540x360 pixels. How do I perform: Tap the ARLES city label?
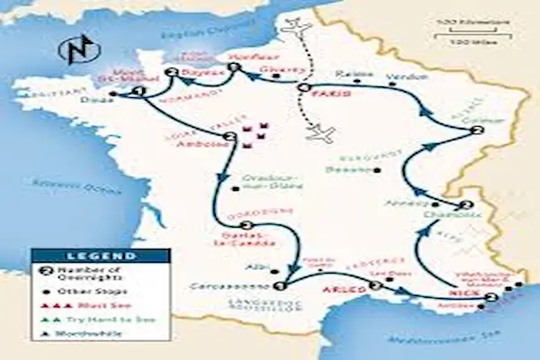(351, 290)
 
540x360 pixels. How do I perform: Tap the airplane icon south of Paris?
(320, 135)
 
